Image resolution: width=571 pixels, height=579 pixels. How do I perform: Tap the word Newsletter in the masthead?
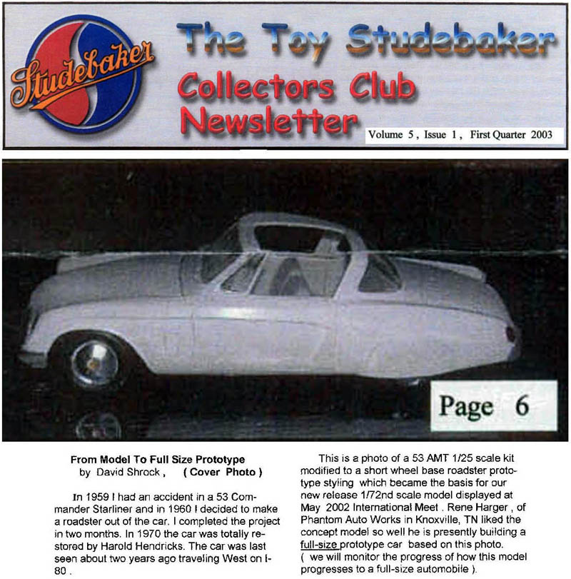point(267,123)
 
